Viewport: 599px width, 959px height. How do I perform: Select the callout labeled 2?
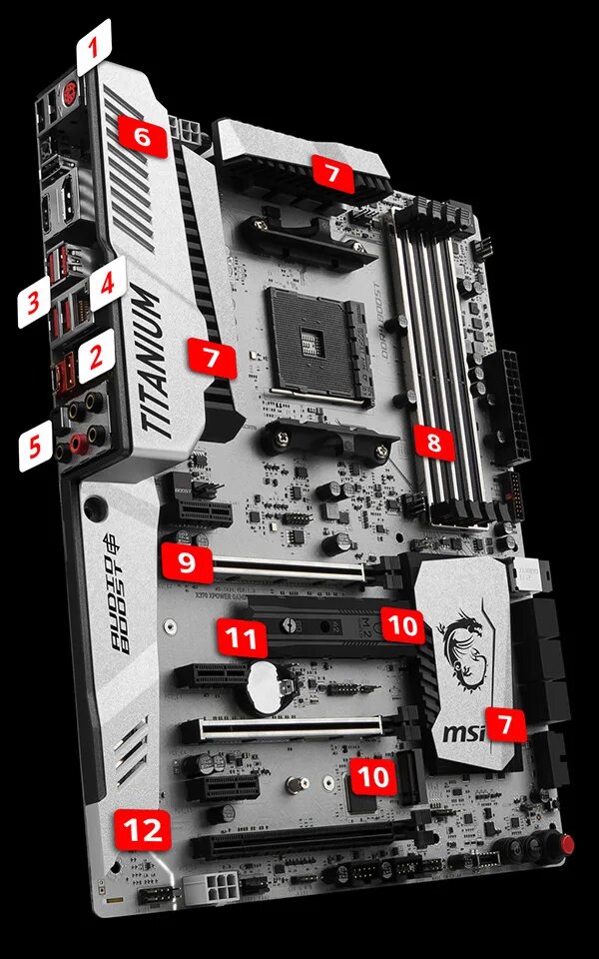(96, 357)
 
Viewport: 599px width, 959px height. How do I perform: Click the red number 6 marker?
(141, 137)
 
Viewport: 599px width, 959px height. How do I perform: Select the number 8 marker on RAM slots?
(433, 441)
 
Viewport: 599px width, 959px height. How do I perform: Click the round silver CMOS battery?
(267, 688)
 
